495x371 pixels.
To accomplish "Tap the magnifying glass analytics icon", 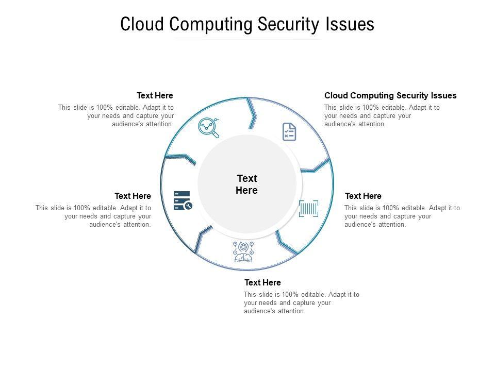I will (209, 128).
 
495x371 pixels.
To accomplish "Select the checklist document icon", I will (289, 132).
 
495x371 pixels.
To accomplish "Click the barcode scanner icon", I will (308, 209).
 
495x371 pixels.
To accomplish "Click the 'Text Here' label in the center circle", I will (246, 184).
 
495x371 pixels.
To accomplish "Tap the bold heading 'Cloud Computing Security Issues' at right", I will (390, 95).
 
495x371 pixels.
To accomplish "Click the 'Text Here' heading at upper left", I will (155, 95).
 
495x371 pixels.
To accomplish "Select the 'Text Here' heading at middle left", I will (133, 196).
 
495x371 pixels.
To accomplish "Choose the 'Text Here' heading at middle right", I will (363, 196).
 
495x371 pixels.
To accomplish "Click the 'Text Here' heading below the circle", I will (262, 282).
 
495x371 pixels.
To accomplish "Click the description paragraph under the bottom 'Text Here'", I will (301, 302).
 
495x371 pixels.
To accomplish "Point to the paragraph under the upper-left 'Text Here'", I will (116, 115).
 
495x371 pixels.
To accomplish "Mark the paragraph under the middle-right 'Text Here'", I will (402, 216).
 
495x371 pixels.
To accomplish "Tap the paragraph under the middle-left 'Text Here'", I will (93, 216).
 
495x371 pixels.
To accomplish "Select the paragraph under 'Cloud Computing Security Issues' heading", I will (382, 115).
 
